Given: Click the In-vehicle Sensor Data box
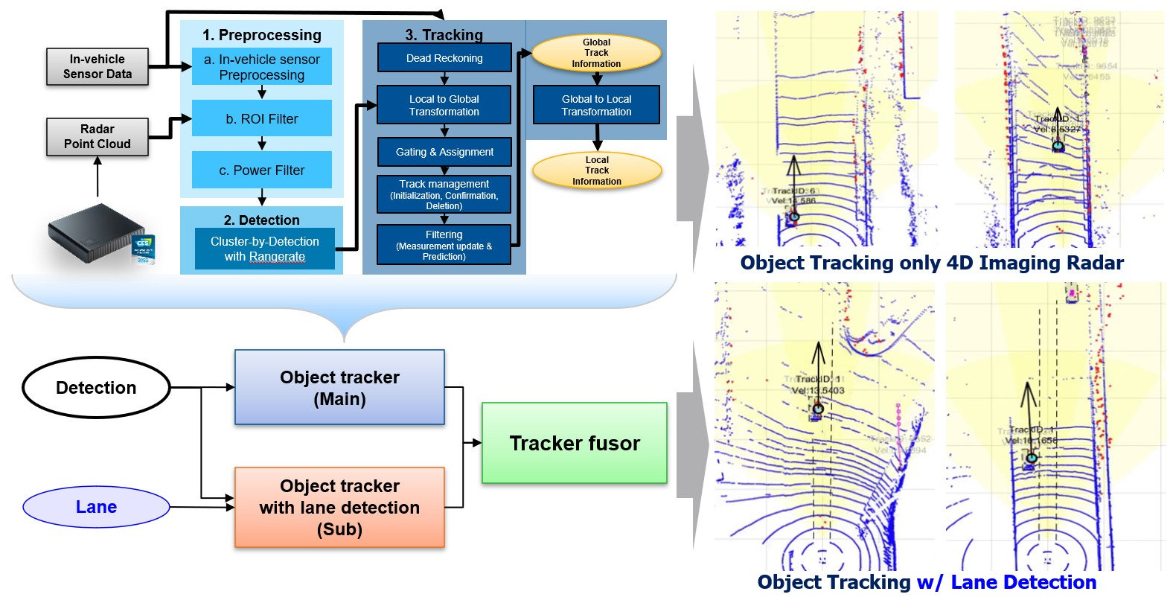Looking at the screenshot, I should coord(97,66).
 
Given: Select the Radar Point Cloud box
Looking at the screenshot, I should coord(97,136).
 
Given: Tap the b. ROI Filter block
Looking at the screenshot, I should coord(262,118).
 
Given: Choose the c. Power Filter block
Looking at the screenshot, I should coord(262,170).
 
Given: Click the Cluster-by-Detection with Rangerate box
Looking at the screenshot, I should coord(265,249).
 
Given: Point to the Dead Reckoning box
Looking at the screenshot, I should coord(444,58).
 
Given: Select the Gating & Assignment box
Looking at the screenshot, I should coord(444,152).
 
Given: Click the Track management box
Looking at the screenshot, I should coord(444,194).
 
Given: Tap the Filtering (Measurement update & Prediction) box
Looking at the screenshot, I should coord(444,245).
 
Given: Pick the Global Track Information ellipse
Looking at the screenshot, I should coord(596,53).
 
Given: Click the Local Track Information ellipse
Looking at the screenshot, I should coord(596,170).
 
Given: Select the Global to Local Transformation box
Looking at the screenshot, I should coord(596,105).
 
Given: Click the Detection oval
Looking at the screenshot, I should coord(96,388).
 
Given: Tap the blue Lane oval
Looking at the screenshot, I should coord(96,507).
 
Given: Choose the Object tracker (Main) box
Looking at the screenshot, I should coord(339,388).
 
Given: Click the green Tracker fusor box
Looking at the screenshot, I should coord(574,444).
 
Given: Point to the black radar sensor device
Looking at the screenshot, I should coord(93,232).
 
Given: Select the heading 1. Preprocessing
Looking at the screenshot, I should coord(262,35).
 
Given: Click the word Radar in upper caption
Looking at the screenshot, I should coord(1093,263).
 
